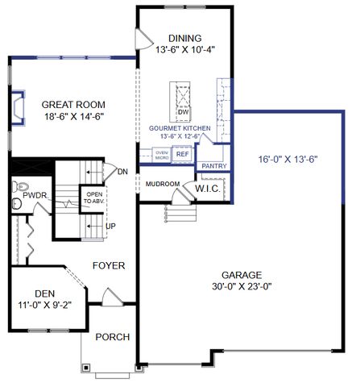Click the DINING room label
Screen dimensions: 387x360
click(x=184, y=38)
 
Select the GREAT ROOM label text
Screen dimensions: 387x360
click(x=73, y=104)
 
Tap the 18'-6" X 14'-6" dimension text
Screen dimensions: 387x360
click(x=73, y=116)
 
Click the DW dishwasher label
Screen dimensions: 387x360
click(x=183, y=112)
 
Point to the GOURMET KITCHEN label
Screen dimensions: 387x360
click(x=180, y=128)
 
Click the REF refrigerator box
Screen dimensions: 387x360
click(x=182, y=153)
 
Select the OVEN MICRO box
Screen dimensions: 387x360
click(x=161, y=154)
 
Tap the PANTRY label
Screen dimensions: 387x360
click(x=213, y=166)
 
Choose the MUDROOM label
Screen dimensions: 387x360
click(x=163, y=184)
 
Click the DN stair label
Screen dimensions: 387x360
click(x=122, y=171)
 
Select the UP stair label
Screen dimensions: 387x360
click(x=111, y=226)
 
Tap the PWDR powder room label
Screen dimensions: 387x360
click(x=33, y=196)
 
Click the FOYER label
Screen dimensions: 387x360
click(x=109, y=265)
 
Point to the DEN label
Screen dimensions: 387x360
click(x=45, y=293)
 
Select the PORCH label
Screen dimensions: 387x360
click(x=112, y=336)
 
